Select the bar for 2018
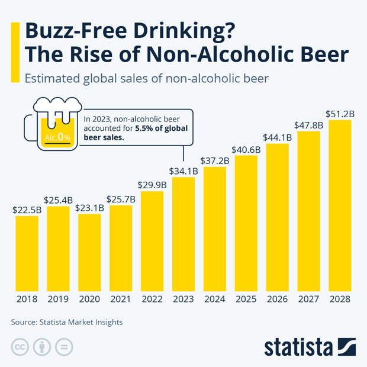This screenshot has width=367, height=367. tap(27, 254)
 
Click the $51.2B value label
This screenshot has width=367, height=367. tap(340, 113)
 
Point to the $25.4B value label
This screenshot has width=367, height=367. tap(58, 199)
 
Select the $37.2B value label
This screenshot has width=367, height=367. tap(215, 160)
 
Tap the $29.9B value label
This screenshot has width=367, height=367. tap(152, 184)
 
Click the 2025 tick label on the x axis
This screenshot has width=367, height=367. tap(246, 300)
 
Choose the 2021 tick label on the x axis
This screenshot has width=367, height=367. tap(121, 300)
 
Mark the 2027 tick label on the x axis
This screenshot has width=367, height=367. tap(309, 300)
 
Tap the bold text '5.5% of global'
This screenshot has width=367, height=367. tap(162, 128)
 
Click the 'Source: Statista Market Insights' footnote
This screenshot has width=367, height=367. tap(67, 323)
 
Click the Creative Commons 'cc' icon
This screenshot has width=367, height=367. tap(20, 347)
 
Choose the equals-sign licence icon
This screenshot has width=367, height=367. tap(65, 347)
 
